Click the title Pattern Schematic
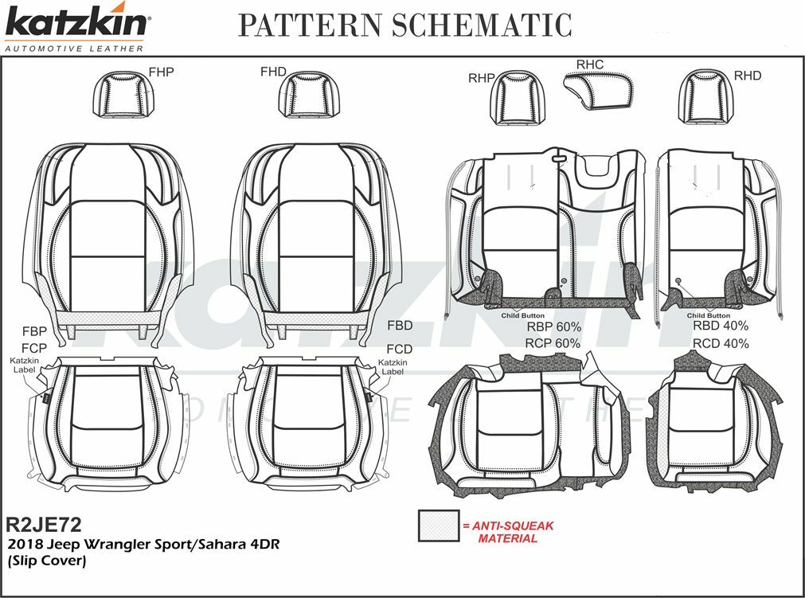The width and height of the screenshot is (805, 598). (x=405, y=25)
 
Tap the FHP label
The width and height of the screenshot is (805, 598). (x=161, y=72)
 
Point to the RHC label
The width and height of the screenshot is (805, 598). (x=589, y=64)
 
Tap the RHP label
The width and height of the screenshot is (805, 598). (x=482, y=77)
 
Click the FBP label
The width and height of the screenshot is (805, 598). (x=33, y=330)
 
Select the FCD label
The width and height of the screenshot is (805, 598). (x=399, y=350)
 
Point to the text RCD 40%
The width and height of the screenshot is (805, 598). (x=720, y=344)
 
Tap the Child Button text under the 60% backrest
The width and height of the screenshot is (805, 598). (x=522, y=315)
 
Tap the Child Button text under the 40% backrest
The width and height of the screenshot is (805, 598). (x=708, y=315)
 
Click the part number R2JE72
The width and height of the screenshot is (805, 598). (x=44, y=524)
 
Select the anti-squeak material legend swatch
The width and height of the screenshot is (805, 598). (x=438, y=526)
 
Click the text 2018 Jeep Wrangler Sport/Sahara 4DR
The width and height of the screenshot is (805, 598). (x=143, y=544)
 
